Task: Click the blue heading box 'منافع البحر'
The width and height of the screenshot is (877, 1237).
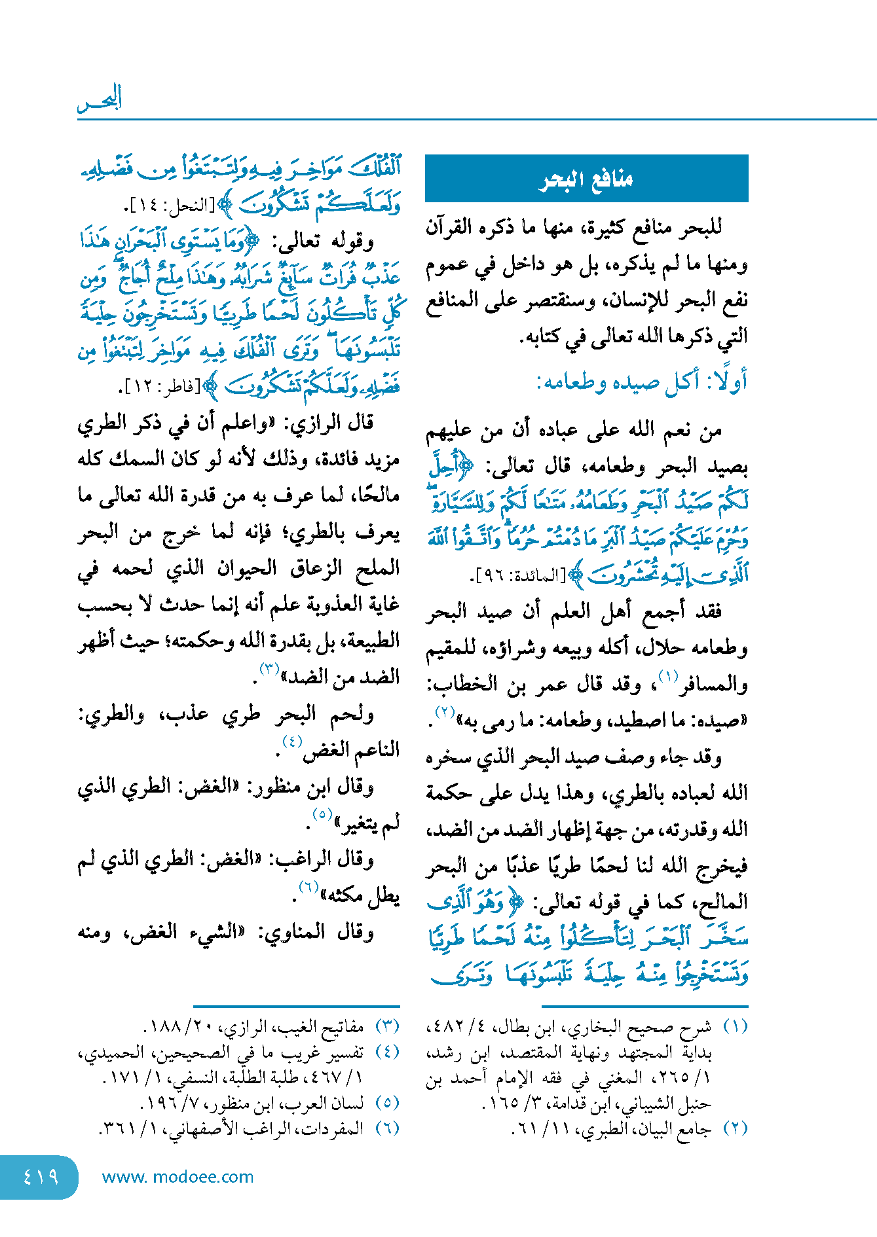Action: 586,178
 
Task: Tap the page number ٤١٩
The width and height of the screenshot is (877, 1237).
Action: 40,1176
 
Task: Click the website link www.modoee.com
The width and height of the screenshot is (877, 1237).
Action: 177,1177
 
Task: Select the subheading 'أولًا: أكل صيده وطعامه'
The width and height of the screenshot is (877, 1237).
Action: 642,382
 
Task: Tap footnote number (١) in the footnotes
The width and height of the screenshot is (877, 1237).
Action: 736,1026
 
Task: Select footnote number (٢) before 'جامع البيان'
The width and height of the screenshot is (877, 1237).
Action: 736,1128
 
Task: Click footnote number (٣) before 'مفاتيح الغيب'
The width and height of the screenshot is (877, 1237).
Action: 388,1026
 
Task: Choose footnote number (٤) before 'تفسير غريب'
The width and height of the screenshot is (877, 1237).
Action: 388,1052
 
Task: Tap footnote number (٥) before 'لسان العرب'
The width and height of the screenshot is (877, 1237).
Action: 388,1103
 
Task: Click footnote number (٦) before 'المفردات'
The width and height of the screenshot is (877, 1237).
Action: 388,1128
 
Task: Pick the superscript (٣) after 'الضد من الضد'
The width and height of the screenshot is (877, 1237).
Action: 270,669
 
